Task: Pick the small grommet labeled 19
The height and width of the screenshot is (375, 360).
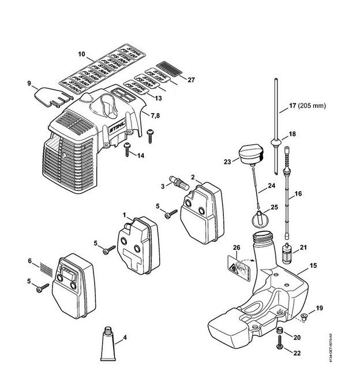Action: click(x=303, y=316)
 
